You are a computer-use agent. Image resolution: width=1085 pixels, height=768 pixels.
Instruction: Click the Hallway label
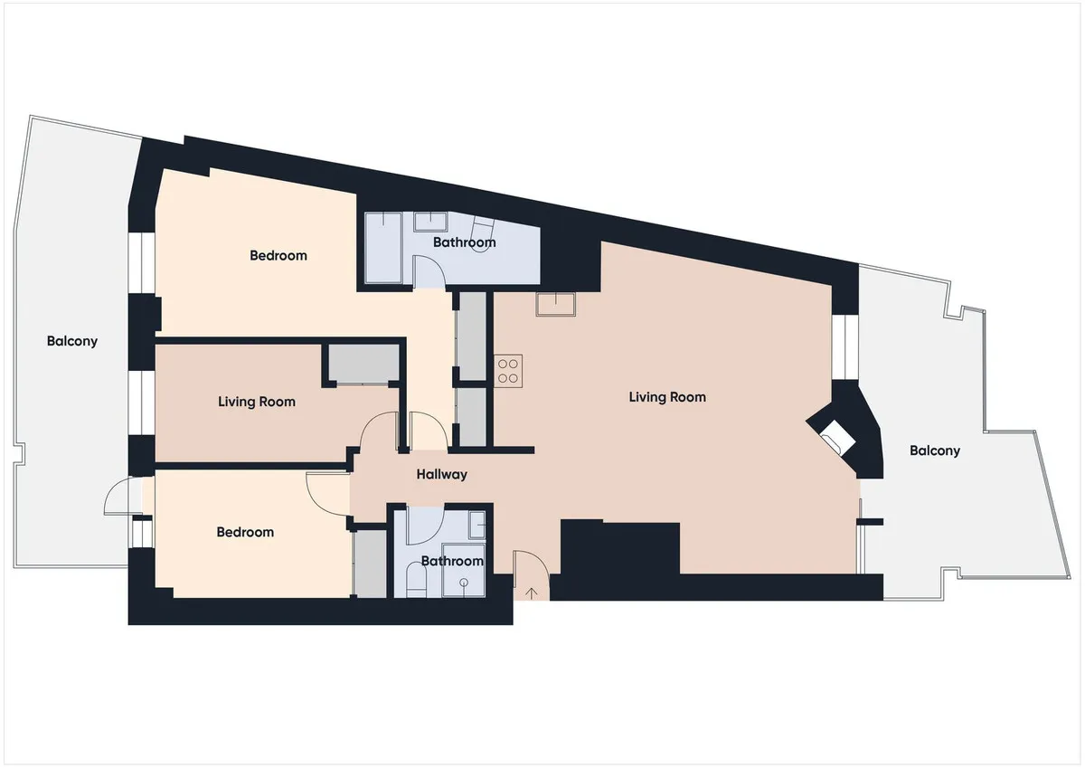point(441,474)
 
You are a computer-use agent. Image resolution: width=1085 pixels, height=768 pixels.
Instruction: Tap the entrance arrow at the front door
point(532,593)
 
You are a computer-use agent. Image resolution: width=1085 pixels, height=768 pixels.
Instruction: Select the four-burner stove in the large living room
point(508,371)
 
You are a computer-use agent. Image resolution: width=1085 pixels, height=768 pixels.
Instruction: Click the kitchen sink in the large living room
point(555,304)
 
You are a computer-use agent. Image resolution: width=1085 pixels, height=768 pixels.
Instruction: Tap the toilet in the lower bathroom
point(416,580)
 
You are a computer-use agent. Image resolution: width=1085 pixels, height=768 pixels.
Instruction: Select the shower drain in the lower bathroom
point(464,582)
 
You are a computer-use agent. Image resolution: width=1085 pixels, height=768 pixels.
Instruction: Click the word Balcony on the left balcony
point(72,341)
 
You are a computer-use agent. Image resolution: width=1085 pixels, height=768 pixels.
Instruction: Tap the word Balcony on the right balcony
point(935,450)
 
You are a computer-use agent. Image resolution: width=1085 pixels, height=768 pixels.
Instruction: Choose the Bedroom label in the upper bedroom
point(278,255)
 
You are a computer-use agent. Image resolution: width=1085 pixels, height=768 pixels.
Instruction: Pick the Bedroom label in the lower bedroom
point(245,532)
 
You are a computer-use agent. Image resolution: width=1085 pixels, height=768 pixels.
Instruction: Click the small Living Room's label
point(257,402)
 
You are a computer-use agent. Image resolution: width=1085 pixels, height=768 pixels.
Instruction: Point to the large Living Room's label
point(667,397)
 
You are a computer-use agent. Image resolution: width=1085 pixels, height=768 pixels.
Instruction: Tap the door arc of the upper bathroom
point(430,270)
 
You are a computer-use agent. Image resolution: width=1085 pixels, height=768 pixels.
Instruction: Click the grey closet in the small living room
point(363,363)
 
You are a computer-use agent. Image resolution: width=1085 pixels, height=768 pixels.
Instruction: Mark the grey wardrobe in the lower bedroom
point(371,564)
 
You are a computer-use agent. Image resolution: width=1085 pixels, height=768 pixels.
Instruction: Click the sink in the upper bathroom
point(430,222)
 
